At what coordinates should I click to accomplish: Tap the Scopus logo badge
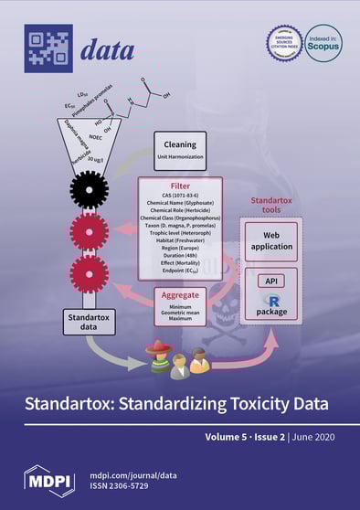(x=321, y=43)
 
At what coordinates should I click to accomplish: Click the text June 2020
(x=319, y=438)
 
